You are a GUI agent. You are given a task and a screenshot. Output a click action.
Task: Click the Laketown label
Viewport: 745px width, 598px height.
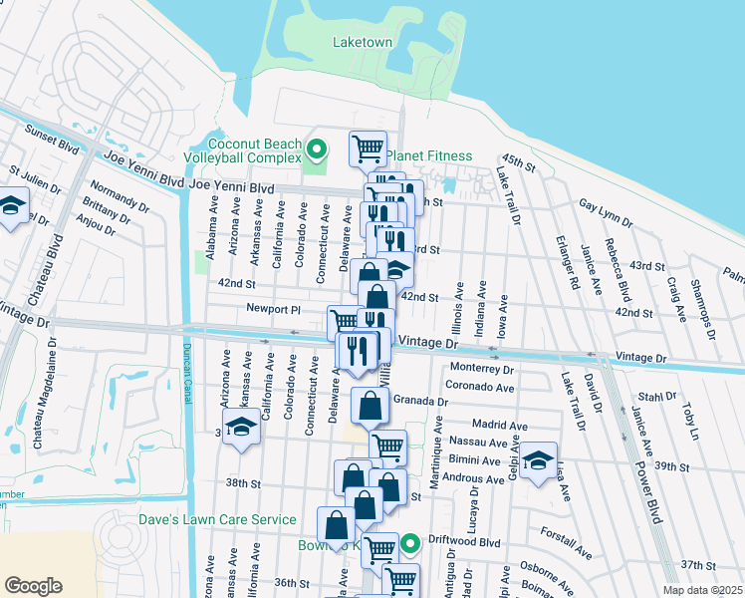point(362,42)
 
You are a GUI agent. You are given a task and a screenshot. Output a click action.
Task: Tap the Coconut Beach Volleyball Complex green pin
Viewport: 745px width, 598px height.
point(317,150)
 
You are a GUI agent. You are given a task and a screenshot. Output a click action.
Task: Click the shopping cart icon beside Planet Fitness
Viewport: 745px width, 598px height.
point(368,149)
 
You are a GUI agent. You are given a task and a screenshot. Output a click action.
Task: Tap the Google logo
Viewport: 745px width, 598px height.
point(33,586)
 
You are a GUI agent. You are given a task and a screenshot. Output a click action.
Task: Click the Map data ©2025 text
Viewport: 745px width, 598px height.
point(701,590)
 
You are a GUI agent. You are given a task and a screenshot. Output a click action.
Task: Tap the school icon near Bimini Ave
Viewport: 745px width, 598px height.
point(538,460)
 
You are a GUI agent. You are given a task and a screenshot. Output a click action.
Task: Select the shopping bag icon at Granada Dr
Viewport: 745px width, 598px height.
point(370,406)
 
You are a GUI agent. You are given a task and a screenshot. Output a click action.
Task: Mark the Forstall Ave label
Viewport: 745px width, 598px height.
point(569,542)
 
